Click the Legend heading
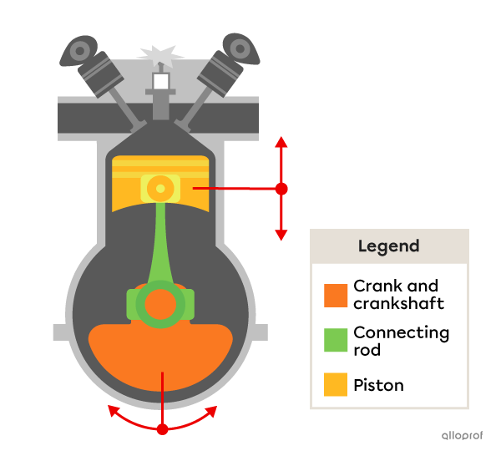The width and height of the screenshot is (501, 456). tap(388, 246)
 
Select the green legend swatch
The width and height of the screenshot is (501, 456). tap(336, 340)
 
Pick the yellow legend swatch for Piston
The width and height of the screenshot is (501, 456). tap(336, 385)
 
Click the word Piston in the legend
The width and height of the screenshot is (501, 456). tap(378, 385)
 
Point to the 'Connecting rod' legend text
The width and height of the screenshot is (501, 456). tap(401, 341)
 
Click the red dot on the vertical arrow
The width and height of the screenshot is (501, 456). tap(281, 190)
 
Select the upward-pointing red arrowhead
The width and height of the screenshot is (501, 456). tap(281, 142)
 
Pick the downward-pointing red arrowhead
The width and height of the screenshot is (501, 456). tap(281, 235)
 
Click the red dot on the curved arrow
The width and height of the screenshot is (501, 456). tap(163, 429)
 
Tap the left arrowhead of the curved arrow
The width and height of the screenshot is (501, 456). tap(113, 411)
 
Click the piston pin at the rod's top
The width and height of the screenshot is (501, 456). tap(157, 187)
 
